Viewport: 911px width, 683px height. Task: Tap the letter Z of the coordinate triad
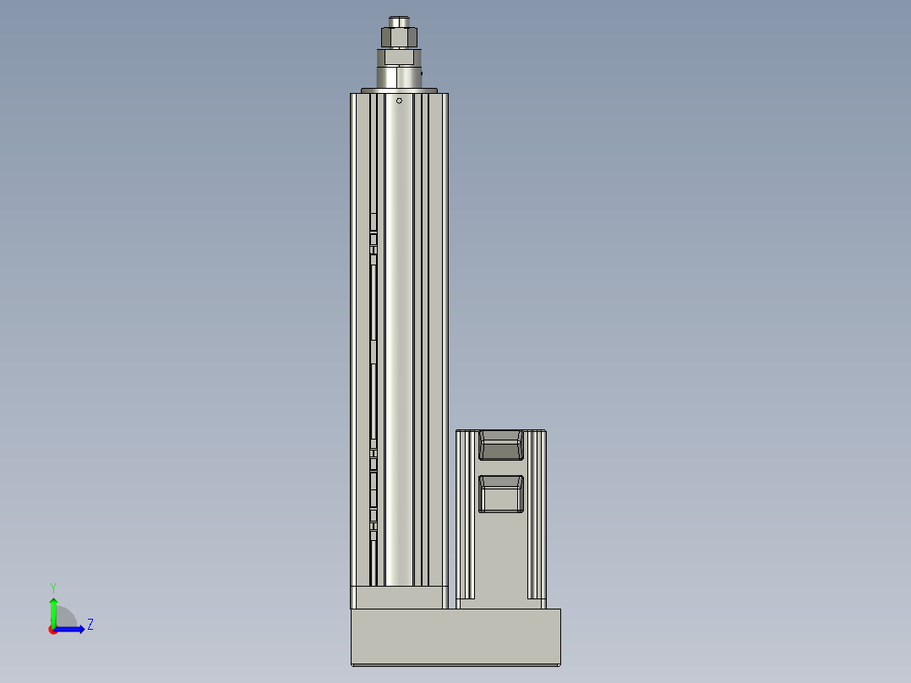(x=90, y=625)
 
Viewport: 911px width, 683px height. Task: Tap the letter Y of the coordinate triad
(x=52, y=587)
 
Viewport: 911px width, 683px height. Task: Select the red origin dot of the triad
(x=53, y=630)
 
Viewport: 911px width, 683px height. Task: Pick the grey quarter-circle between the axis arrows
(x=65, y=618)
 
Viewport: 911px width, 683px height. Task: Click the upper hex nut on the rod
(x=399, y=37)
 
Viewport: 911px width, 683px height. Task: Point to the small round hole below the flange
(x=400, y=101)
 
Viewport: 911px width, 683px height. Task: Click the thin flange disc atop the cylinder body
(x=399, y=90)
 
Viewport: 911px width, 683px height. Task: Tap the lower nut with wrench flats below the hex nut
(x=399, y=57)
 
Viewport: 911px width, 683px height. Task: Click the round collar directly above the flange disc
(x=399, y=77)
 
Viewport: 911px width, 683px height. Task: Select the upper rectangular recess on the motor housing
(x=501, y=445)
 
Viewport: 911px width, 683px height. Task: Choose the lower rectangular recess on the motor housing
(x=501, y=494)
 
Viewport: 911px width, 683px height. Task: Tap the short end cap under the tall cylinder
(x=399, y=598)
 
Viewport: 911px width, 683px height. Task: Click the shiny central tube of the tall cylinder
(x=399, y=338)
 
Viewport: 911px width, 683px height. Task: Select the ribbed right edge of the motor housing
(x=537, y=516)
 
